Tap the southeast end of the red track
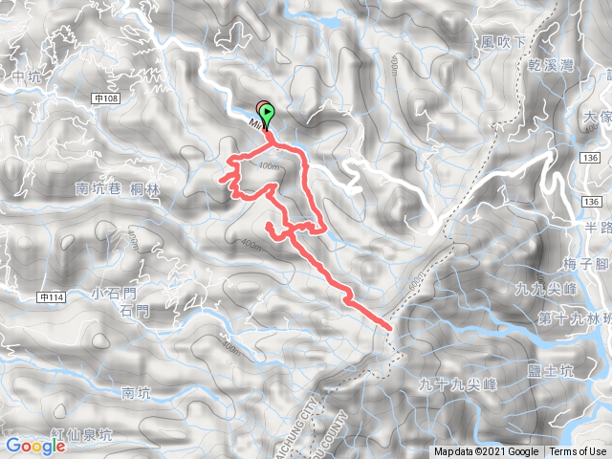[x=389, y=327]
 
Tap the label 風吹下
[x=504, y=42]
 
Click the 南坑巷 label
[x=96, y=189]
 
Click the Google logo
[x=34, y=446]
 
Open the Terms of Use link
[x=578, y=452]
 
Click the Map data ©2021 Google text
[x=486, y=452]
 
